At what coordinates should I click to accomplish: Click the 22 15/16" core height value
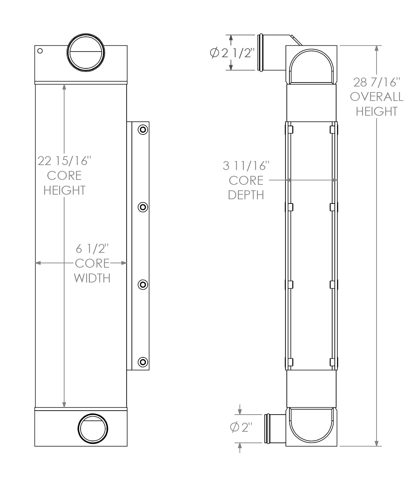click(64, 161)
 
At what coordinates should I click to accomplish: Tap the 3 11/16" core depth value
click(246, 166)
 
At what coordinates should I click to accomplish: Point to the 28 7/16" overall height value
click(377, 82)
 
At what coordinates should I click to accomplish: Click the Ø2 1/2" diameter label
click(233, 53)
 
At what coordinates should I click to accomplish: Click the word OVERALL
click(377, 97)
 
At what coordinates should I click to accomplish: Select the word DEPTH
click(246, 195)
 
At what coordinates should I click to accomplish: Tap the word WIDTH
click(92, 278)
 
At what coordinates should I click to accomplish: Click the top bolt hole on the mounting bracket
click(143, 130)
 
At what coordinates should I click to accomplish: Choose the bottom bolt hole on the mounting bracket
click(143, 362)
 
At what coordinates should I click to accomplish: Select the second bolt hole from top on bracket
click(143, 207)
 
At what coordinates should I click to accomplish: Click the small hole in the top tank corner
click(40, 51)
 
